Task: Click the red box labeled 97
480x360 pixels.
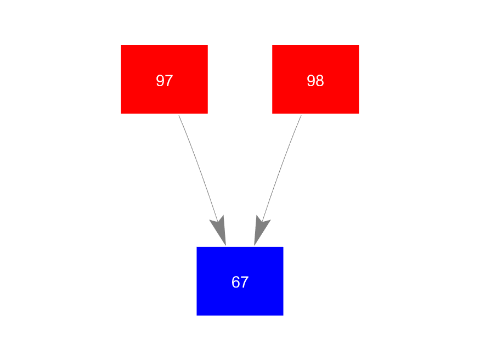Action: tap(164, 79)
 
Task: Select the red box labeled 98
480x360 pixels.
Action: tap(315, 79)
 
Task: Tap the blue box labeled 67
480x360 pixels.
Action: tap(240, 281)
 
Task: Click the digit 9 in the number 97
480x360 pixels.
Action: tap(160, 81)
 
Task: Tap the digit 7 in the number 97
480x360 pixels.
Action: tap(169, 81)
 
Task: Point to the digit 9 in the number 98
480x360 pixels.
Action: tap(311, 81)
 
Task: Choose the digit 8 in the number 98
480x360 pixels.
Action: tap(320, 81)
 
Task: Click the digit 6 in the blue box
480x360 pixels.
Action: tap(236, 283)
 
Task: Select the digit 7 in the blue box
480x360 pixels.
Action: tap(245, 283)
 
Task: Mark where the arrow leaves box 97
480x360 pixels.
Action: tap(179, 115)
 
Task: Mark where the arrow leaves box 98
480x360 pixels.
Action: tap(301, 115)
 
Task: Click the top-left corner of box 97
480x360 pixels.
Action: tap(121, 45)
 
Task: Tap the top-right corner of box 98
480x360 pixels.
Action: tap(358, 45)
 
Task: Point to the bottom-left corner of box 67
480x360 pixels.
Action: tap(197, 315)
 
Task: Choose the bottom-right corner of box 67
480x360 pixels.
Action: tap(283, 315)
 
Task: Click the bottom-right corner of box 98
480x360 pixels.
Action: tap(358, 113)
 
